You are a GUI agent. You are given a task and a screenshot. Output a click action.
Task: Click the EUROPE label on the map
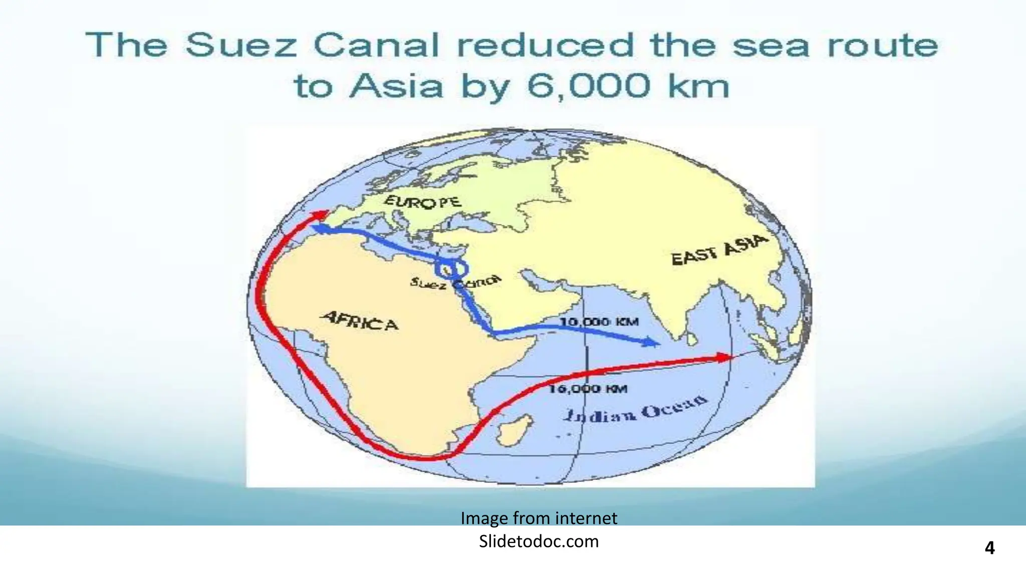tap(422, 202)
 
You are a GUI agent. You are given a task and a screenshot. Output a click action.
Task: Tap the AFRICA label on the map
tap(360, 321)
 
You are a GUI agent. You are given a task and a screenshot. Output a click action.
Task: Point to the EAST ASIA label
tap(719, 250)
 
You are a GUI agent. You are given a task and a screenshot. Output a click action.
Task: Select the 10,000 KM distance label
tap(599, 322)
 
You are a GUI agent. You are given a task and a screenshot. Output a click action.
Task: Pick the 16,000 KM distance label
tap(588, 389)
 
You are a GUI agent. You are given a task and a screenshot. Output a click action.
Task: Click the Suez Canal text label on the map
tap(455, 282)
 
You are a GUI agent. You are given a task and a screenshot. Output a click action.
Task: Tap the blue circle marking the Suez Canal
tap(451, 269)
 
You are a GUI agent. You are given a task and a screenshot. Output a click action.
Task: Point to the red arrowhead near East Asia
tap(724, 357)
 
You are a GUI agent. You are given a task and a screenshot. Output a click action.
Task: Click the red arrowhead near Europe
tap(319, 214)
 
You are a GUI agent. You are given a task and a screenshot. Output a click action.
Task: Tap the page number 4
tap(989, 548)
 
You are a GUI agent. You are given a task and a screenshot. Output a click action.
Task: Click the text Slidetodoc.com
tap(539, 541)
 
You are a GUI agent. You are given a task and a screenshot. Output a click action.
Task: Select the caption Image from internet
tap(539, 518)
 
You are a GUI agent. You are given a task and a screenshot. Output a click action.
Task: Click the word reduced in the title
tap(546, 45)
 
